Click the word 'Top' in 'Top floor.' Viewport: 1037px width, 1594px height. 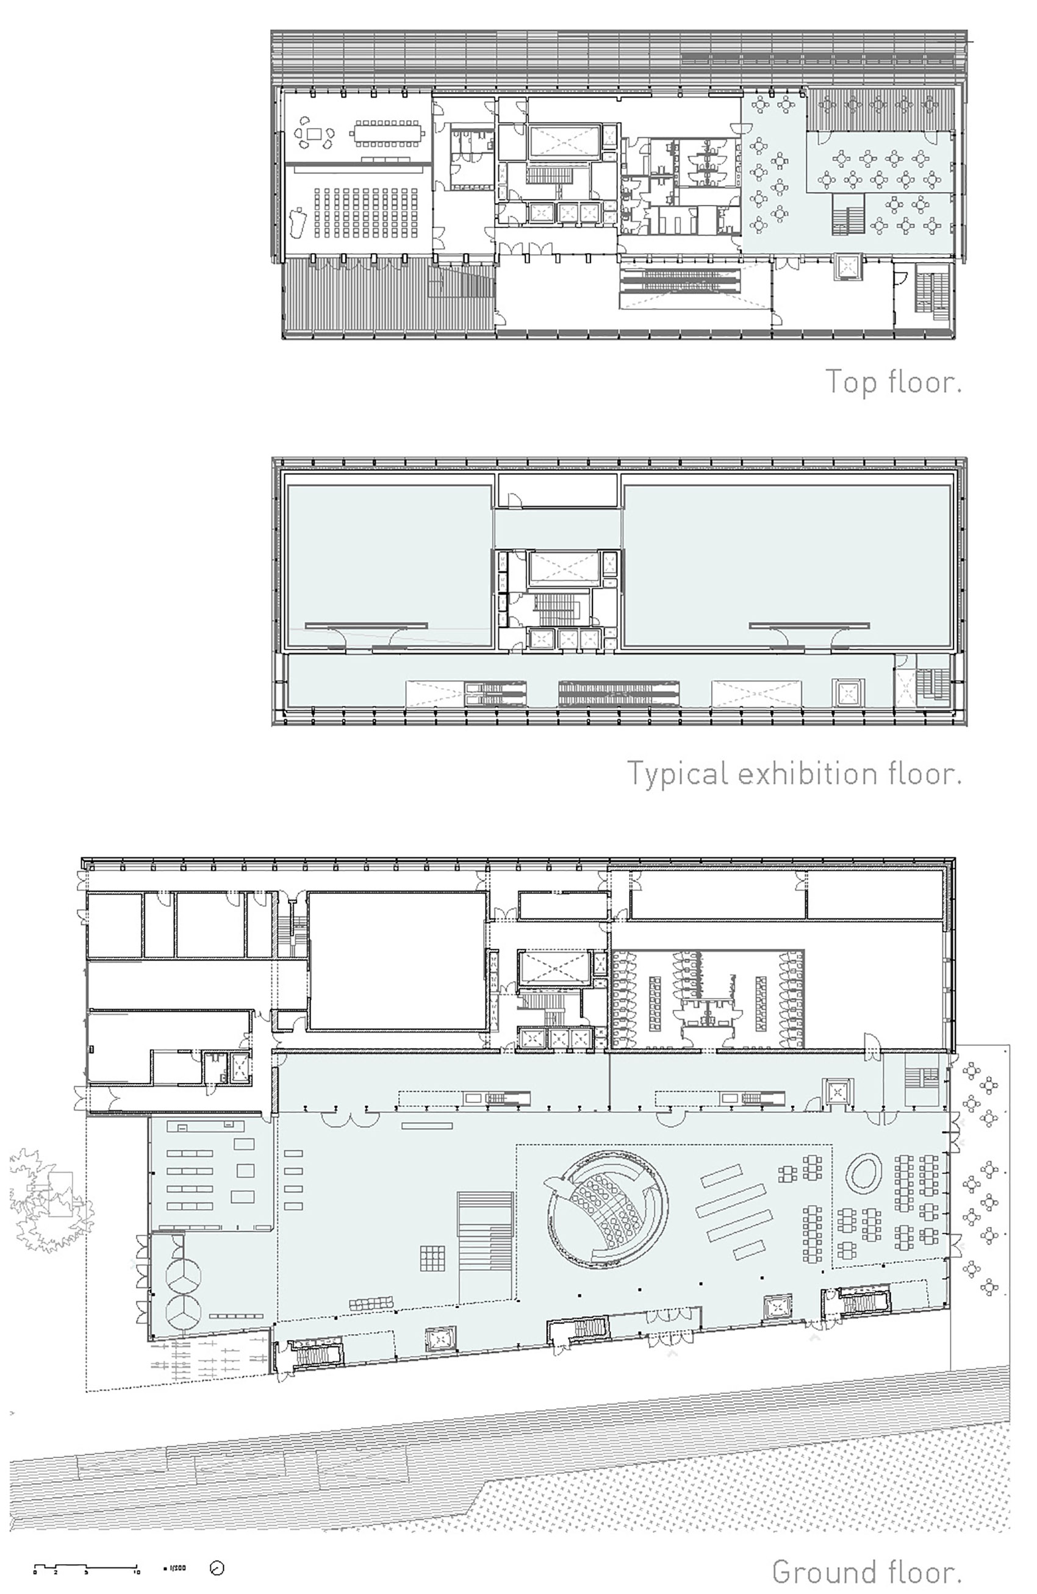(x=852, y=382)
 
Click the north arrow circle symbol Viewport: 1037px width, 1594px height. (x=217, y=1568)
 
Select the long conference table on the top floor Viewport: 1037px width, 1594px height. (x=388, y=132)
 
